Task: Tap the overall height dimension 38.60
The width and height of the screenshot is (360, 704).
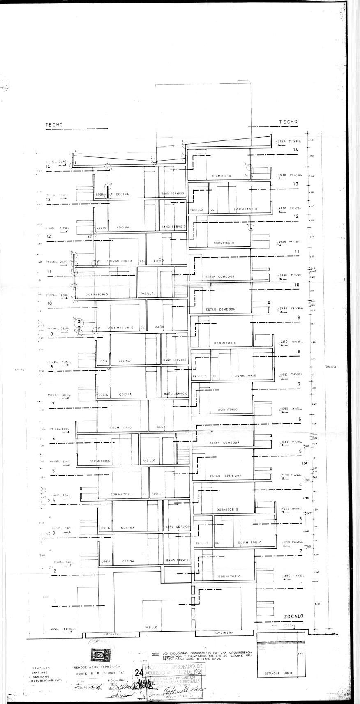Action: pyautogui.click(x=330, y=366)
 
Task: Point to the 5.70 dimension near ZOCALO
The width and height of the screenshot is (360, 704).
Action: pyautogui.click(x=316, y=604)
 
